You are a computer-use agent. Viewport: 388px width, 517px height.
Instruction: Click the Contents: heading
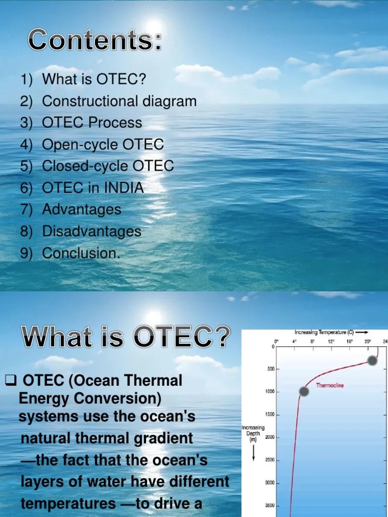(95, 40)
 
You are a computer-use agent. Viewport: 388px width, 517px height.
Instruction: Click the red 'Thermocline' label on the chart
(330, 385)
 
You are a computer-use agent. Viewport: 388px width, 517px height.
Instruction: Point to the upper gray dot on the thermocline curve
(372, 360)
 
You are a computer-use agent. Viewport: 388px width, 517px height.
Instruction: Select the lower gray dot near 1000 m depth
(304, 391)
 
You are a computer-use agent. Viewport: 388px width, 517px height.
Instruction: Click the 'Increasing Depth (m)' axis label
(253, 433)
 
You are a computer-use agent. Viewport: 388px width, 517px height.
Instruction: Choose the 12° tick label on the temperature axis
(331, 341)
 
